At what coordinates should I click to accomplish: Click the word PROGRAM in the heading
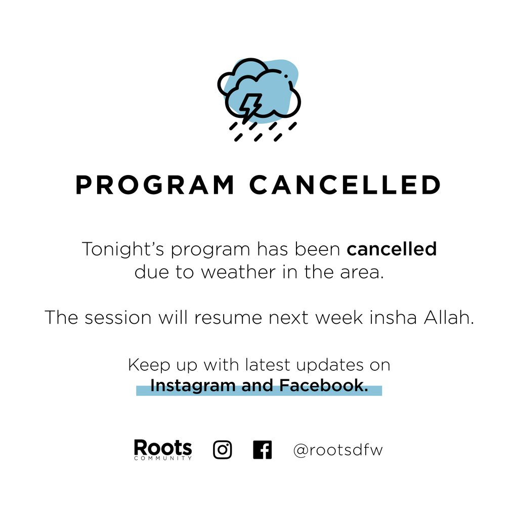click(155, 185)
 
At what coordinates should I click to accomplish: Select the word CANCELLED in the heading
click(346, 185)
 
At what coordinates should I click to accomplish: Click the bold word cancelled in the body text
click(392, 249)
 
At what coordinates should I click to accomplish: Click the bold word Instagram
click(193, 386)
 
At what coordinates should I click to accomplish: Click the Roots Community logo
click(163, 449)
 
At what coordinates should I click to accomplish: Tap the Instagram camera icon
click(223, 449)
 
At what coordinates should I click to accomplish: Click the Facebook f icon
click(262, 449)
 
